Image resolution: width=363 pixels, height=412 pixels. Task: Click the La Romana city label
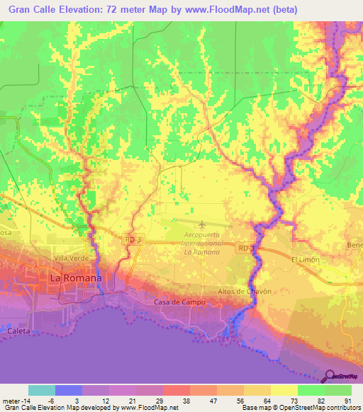(x=75, y=278)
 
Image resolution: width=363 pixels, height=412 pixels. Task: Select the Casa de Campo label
(x=179, y=302)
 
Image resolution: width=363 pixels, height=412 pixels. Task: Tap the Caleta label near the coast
(x=19, y=331)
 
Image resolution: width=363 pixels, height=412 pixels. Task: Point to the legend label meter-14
(x=14, y=400)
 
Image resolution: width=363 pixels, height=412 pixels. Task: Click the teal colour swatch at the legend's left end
(x=41, y=390)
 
